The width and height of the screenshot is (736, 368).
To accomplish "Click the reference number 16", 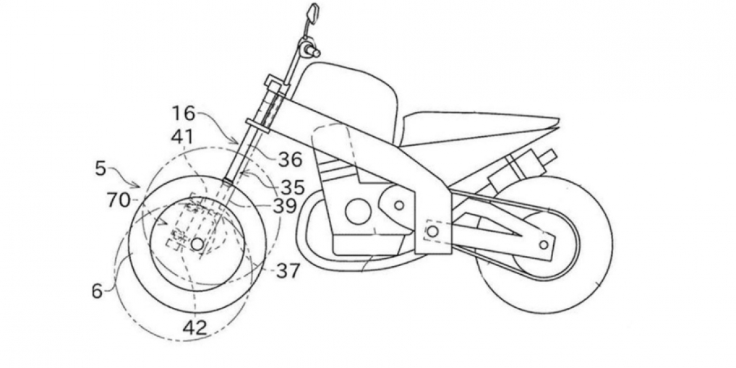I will (183, 113).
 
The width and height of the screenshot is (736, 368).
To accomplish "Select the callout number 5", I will (101, 168).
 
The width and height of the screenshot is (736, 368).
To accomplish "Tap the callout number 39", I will (285, 206).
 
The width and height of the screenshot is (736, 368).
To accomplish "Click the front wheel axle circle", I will (197, 243).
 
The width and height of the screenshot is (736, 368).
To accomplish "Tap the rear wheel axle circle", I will (543, 244).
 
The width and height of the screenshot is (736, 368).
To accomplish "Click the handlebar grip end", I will (315, 53).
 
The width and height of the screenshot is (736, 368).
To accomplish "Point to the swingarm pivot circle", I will (432, 231).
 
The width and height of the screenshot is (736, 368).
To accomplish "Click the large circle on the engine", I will (358, 212).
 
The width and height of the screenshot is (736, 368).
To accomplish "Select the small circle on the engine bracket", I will (399, 204).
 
